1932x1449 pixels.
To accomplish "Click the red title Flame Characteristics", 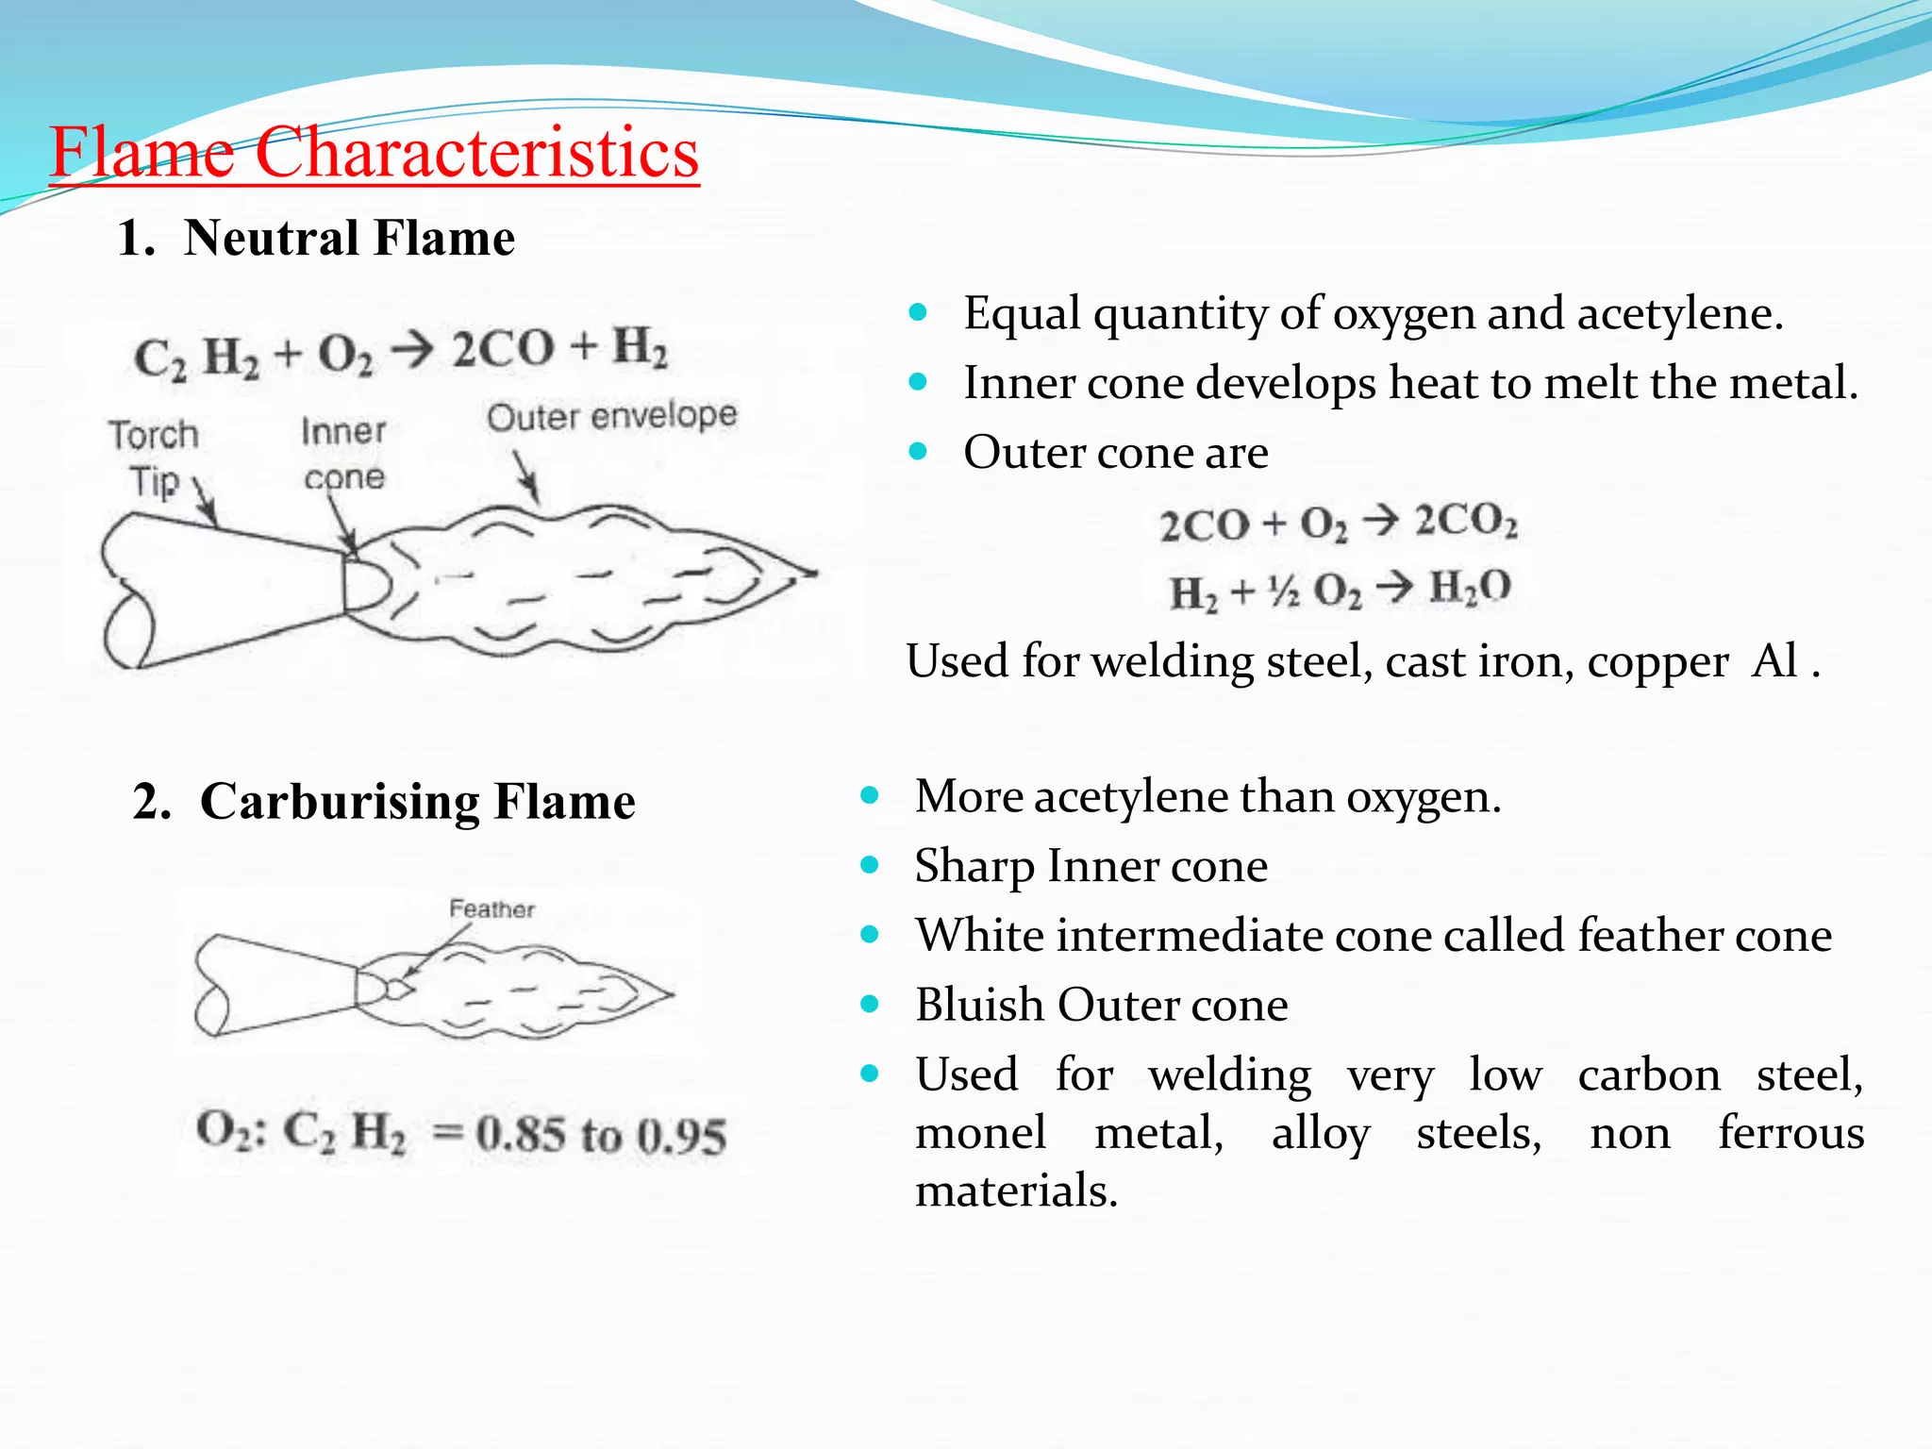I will pos(374,153).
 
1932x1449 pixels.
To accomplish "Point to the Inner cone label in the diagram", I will pos(343,454).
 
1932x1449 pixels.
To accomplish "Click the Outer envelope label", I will pos(611,416).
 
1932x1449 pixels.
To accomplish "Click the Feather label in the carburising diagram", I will pos(491,909).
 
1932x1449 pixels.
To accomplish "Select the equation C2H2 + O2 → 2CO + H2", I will pos(400,352).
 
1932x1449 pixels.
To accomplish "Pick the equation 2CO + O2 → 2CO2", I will pos(1338,523).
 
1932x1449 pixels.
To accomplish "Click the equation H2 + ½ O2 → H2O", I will pos(1340,591).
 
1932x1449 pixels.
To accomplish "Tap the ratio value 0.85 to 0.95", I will pos(601,1134).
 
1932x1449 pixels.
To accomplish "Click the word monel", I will pos(980,1133).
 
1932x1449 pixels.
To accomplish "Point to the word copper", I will pos(1657,662).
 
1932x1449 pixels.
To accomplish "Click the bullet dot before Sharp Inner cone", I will pos(870,865).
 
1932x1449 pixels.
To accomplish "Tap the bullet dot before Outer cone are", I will pos(918,452).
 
